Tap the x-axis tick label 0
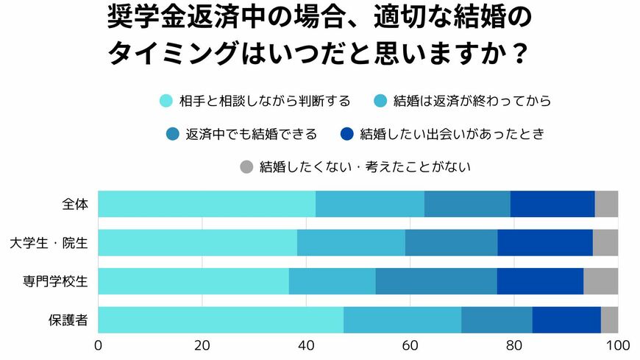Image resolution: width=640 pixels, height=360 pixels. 99,345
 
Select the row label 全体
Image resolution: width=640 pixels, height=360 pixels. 76,204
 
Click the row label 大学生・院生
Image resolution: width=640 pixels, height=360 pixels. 49,242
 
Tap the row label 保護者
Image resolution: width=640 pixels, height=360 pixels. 69,320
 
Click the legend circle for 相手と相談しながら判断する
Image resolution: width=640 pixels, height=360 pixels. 166,101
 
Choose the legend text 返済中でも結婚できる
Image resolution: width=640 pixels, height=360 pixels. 251,134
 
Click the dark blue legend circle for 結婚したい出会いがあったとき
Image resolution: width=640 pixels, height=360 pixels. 347,134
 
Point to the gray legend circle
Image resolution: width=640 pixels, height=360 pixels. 247,167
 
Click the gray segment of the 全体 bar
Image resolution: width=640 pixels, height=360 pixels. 606,204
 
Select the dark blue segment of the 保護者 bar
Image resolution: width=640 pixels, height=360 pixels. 566,320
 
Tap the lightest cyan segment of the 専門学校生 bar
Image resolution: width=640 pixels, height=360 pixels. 193,280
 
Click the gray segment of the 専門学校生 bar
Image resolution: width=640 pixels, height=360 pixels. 600,280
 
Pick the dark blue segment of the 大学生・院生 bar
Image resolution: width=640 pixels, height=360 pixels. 545,242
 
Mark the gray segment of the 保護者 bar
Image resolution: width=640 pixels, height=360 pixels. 609,320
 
